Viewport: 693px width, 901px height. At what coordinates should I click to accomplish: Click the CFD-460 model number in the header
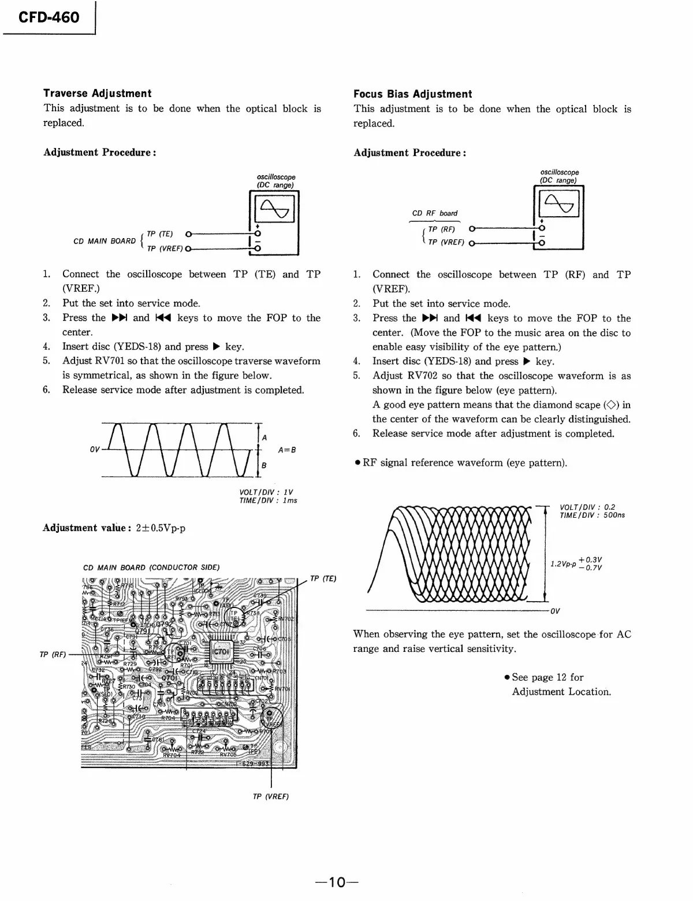[49, 17]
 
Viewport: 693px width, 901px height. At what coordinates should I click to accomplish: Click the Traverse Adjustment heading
[97, 94]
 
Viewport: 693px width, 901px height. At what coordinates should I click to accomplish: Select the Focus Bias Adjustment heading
[412, 94]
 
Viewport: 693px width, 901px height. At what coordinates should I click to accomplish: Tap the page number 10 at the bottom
[337, 883]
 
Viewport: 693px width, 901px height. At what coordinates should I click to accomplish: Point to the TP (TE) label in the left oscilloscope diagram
[160, 234]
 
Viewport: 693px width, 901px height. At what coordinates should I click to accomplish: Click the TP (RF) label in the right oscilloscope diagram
[442, 229]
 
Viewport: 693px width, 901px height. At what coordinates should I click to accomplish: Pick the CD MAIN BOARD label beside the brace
[105, 241]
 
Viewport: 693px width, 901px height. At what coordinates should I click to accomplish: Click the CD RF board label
[434, 213]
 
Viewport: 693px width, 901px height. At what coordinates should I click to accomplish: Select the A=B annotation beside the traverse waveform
[287, 450]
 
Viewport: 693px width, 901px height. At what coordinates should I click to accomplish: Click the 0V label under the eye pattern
[555, 611]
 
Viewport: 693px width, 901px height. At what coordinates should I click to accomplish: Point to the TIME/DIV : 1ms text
[268, 500]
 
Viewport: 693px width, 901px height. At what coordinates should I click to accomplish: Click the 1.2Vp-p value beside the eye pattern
[563, 563]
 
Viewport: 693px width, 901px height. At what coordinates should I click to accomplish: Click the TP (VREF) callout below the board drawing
[271, 796]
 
